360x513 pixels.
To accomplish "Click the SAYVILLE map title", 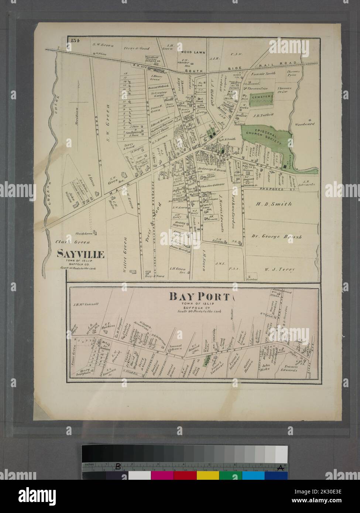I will click(80, 254).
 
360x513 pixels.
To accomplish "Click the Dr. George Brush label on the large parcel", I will click(277, 237).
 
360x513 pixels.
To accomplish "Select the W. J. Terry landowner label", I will click(280, 269).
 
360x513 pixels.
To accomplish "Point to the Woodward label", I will click(305, 124).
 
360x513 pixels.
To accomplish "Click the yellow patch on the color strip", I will click(208, 475).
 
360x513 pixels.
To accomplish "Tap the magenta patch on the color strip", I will click(162, 475).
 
